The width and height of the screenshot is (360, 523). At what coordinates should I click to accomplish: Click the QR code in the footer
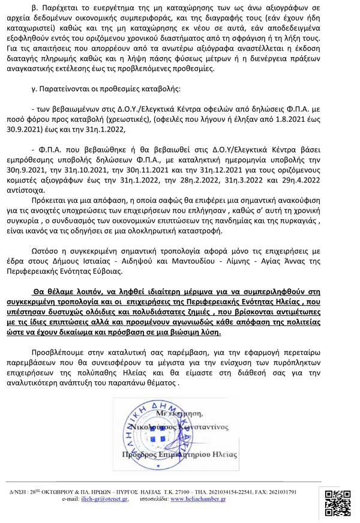click(x=338, y=503)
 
